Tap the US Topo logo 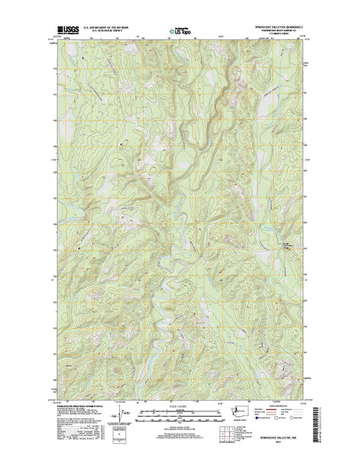click(x=179, y=33)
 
